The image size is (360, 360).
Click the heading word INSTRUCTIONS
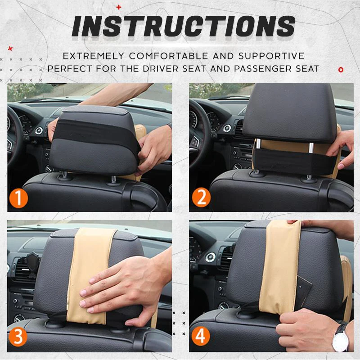[183, 27]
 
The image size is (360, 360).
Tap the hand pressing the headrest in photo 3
[117, 288]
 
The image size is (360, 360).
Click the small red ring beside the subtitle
[341, 69]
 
